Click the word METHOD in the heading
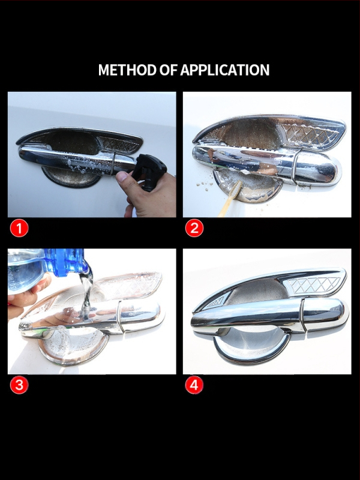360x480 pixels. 127,70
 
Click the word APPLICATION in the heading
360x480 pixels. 224,70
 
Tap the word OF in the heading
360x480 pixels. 168,70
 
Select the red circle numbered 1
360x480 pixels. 19,228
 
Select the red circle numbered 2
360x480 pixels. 194,228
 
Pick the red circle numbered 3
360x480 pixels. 19,385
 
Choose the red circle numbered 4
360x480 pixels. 194,385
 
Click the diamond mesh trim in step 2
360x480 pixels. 309,133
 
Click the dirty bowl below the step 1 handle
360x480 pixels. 70,178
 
